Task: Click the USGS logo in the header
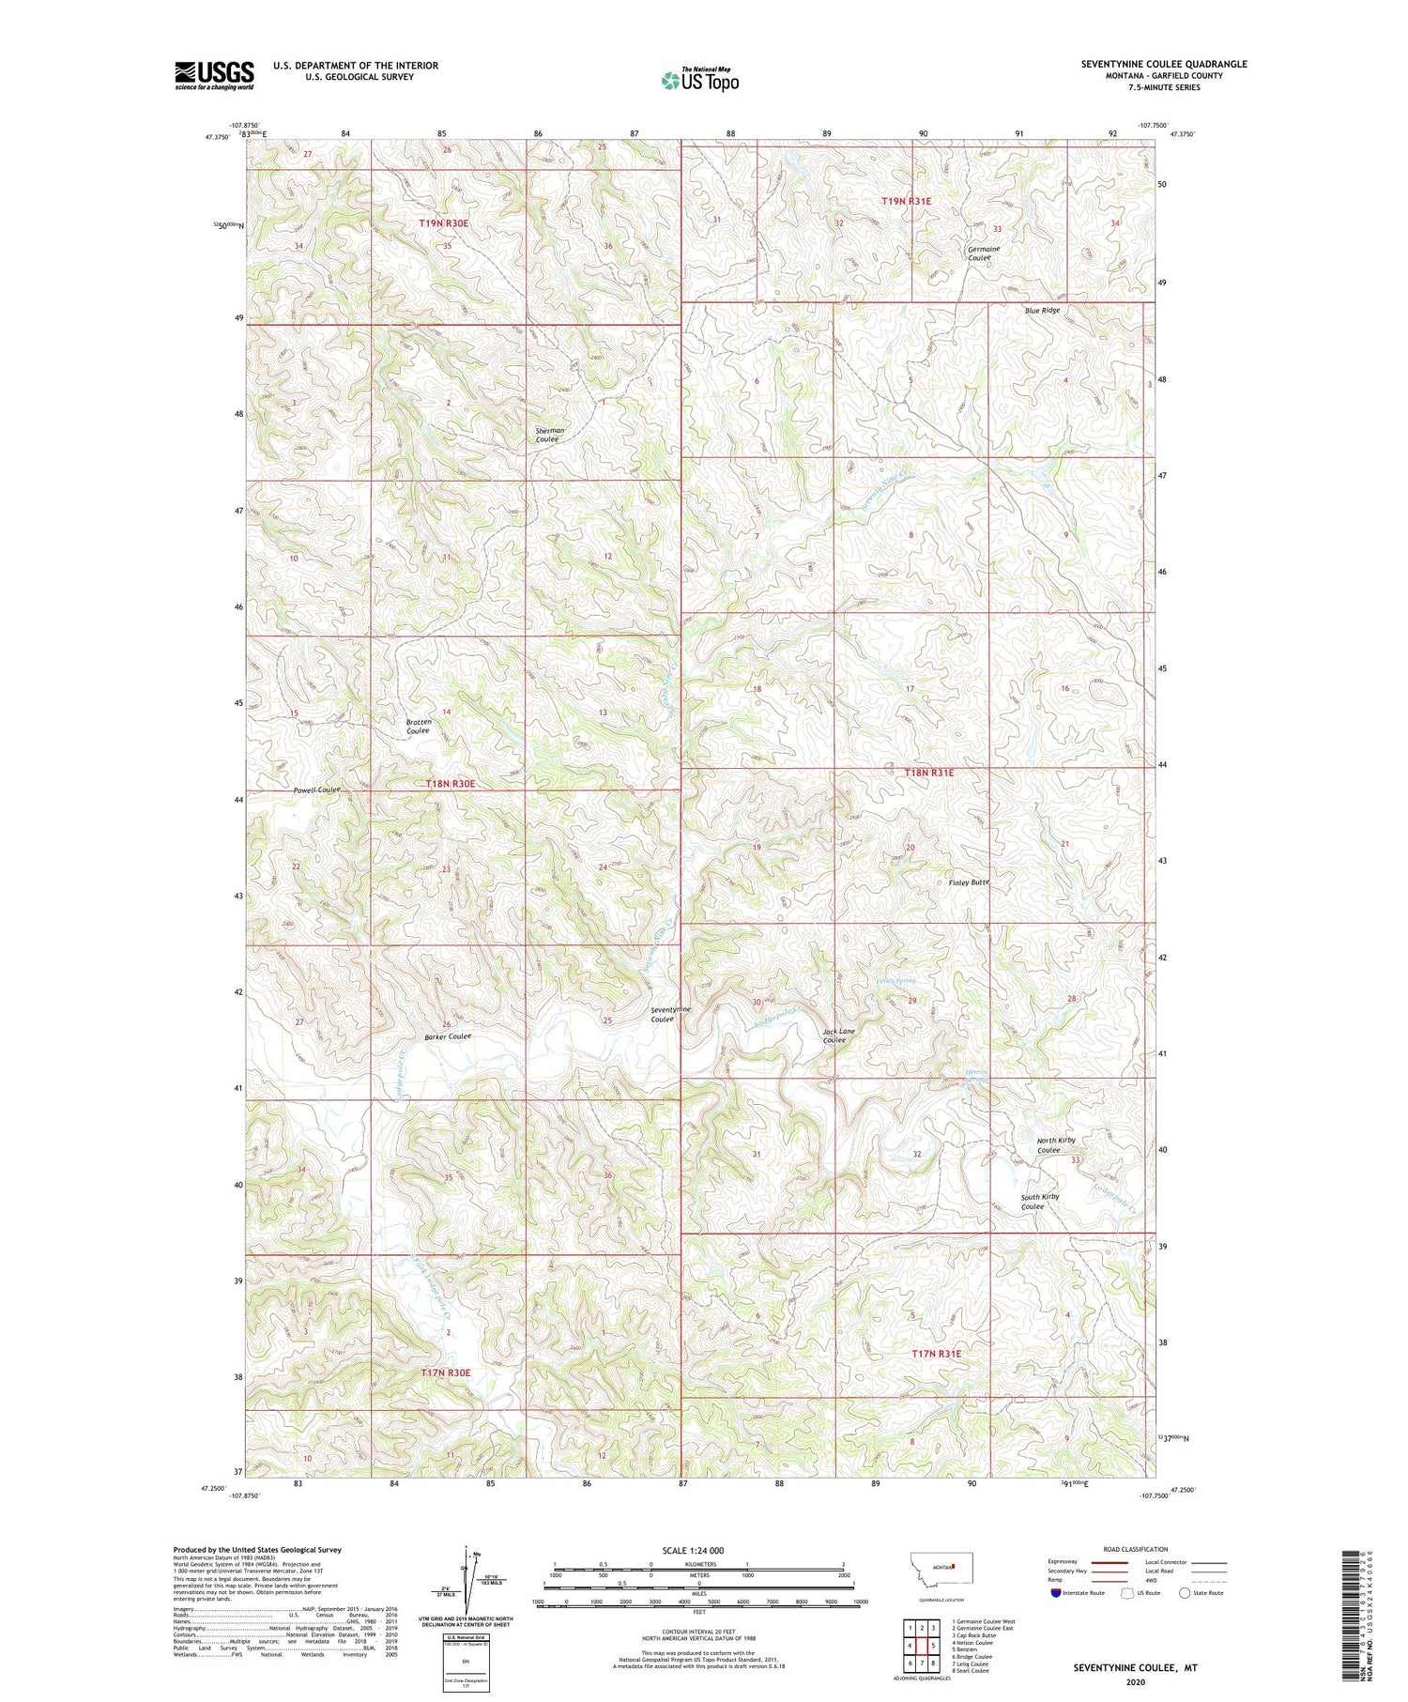click(x=214, y=75)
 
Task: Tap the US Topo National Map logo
click(x=699, y=80)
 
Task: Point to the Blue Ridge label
click(x=1042, y=310)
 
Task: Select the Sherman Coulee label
click(x=548, y=435)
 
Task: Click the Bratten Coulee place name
click(x=417, y=726)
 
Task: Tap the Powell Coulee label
click(x=315, y=790)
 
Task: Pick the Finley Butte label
click(x=969, y=882)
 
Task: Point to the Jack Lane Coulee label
click(x=838, y=1035)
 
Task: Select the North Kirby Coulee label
click(x=1055, y=1145)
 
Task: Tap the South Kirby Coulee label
click(x=1040, y=1202)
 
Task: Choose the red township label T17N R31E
click(x=937, y=1353)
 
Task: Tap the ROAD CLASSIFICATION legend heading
click(x=1135, y=1549)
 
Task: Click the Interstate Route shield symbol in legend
click(x=1055, y=1593)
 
